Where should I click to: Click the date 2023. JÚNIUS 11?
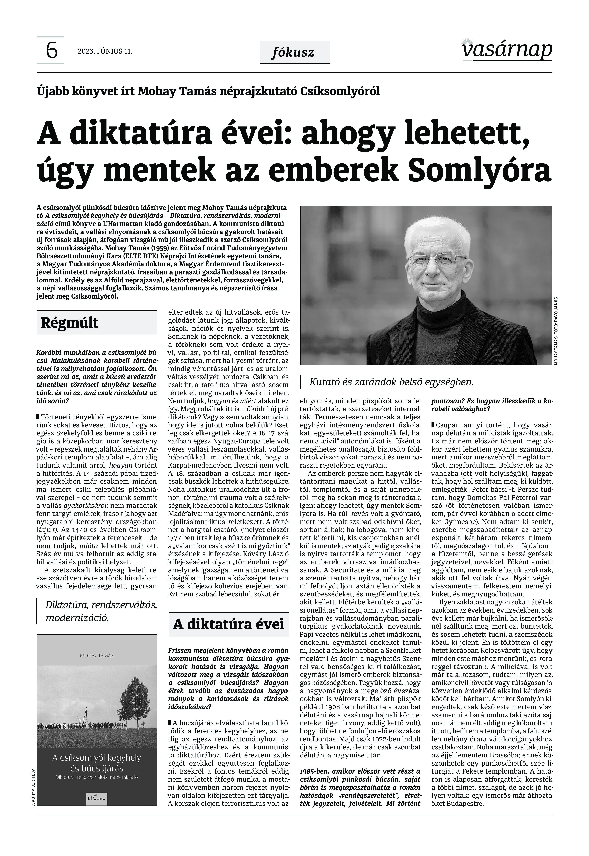[x=105, y=51]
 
